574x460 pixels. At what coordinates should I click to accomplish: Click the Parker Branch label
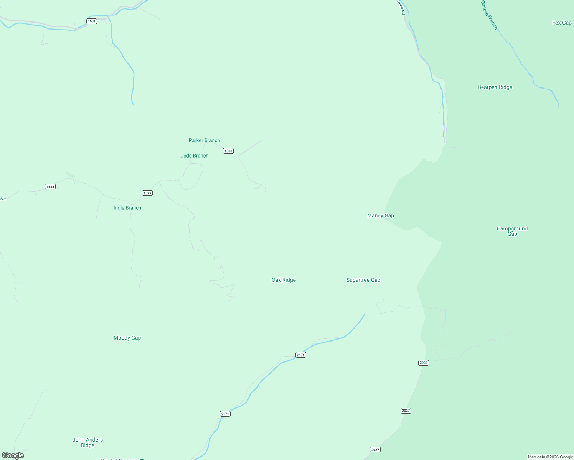[204, 140]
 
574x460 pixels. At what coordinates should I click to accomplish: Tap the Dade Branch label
[194, 156]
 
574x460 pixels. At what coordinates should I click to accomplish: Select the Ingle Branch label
[127, 208]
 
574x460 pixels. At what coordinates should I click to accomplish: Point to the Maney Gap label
[380, 215]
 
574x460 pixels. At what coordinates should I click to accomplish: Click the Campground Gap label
[512, 231]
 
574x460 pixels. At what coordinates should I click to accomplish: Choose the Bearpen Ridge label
[495, 87]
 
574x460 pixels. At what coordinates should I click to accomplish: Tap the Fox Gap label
[561, 23]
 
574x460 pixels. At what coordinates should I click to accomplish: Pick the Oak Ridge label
[284, 280]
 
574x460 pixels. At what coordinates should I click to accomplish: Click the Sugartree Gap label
[363, 280]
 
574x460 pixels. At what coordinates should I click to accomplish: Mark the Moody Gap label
[127, 338]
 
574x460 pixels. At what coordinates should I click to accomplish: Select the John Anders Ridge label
[87, 442]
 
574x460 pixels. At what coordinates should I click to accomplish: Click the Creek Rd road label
[401, 7]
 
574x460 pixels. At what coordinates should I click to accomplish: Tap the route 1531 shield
[91, 21]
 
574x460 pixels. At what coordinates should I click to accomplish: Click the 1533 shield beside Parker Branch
[228, 151]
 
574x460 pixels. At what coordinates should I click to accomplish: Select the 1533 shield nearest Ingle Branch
[147, 193]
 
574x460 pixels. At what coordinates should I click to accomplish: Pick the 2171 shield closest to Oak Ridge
[300, 355]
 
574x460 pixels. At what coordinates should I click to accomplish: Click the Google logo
[13, 455]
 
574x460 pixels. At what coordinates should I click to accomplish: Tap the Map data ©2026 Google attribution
[550, 457]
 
